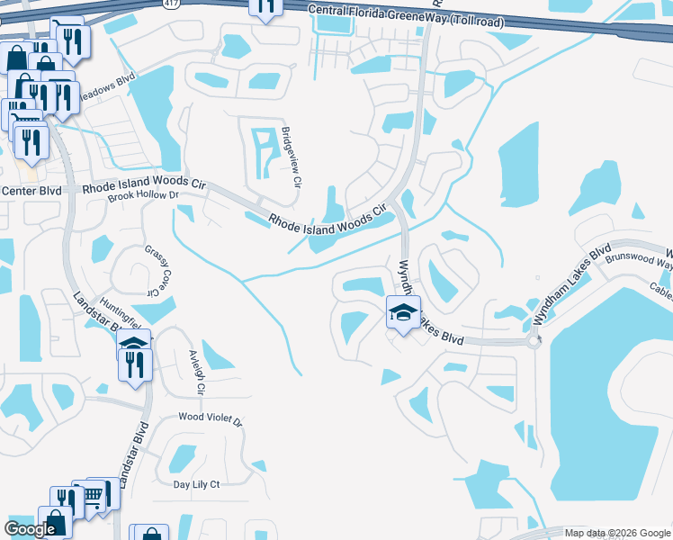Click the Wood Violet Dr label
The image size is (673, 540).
(211, 419)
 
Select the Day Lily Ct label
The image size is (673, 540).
(196, 484)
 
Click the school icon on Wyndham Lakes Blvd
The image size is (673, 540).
(402, 314)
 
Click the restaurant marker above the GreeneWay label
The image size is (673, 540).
(265, 5)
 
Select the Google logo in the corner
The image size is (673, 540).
(30, 529)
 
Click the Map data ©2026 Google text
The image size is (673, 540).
(617, 533)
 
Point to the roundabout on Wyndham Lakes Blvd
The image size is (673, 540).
(535, 340)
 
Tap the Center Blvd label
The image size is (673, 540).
(31, 191)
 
